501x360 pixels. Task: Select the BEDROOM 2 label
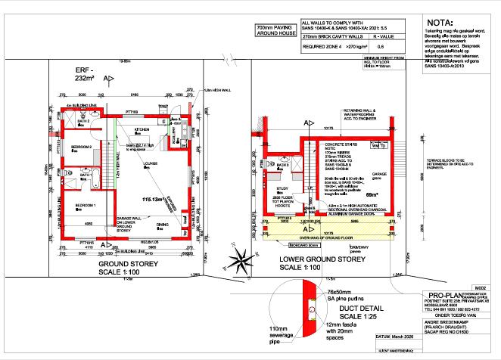[x=82, y=146]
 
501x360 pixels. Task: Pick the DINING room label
[x=163, y=225]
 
